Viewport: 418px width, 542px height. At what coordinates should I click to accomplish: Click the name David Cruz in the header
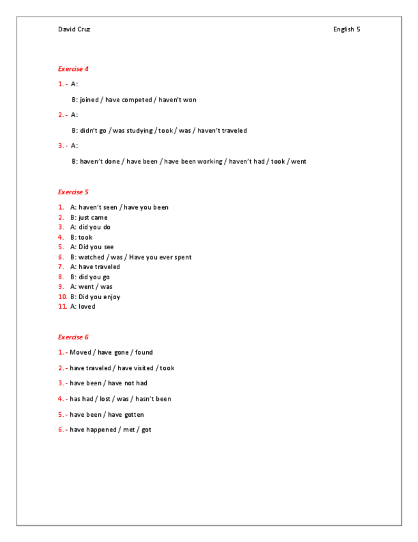pos(74,29)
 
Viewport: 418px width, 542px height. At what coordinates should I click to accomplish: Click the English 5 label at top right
pos(347,29)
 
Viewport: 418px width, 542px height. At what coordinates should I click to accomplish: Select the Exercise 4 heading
pos(73,68)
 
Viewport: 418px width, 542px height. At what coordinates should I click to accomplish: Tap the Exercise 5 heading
pos(73,192)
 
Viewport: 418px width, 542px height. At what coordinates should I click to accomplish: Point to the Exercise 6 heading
pos(73,337)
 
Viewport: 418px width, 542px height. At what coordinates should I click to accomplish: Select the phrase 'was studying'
pos(133,130)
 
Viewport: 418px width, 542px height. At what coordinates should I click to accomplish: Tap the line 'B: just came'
pos(89,217)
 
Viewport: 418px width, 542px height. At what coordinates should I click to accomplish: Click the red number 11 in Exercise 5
pos(63,306)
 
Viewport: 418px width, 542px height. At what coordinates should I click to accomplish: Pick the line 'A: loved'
pos(83,306)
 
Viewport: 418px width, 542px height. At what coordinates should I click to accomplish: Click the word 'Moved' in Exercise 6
pos(80,352)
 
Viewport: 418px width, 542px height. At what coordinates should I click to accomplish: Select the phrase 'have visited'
pos(135,368)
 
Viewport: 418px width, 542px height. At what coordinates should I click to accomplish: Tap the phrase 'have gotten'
pos(126,414)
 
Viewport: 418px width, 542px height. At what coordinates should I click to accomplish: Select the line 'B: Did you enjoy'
pos(95,297)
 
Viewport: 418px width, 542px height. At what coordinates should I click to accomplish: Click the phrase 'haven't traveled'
pos(222,130)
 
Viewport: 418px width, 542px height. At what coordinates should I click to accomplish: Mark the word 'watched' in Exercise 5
pos(91,257)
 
